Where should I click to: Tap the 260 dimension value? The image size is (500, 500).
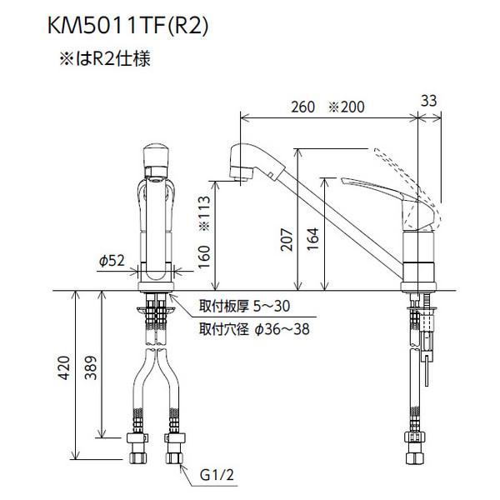304,107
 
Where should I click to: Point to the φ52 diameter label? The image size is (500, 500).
111,261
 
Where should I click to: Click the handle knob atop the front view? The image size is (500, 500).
158,157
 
